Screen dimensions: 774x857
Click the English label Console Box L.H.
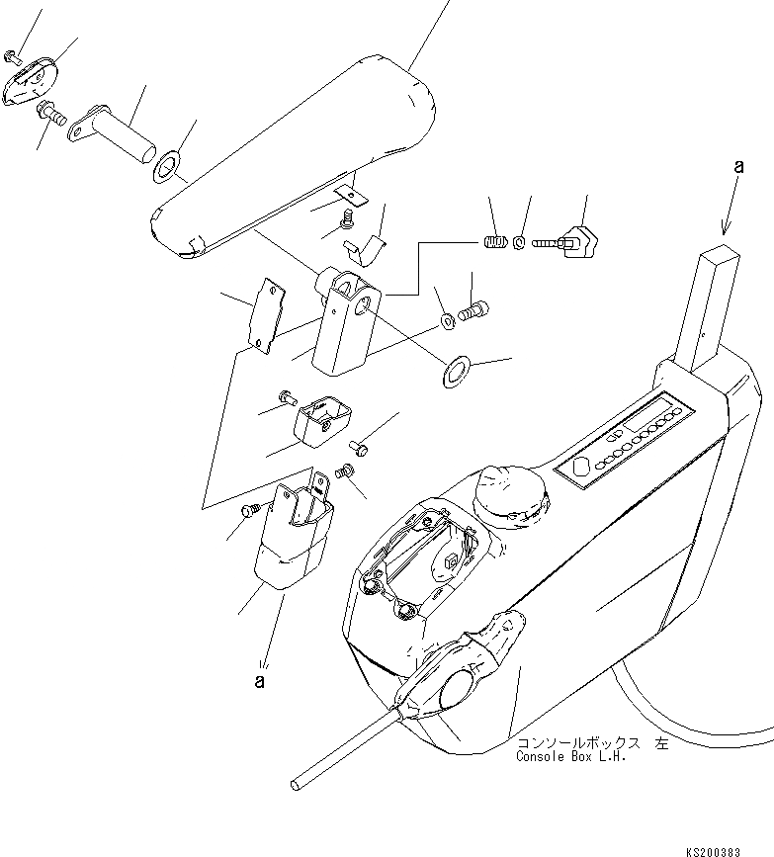[570, 757]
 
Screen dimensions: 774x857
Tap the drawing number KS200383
[714, 851]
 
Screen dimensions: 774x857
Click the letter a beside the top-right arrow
[738, 166]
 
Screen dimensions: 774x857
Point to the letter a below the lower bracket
[260, 682]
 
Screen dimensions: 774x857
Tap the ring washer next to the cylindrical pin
[166, 167]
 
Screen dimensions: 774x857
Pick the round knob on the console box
[510, 496]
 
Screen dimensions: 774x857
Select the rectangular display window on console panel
[648, 414]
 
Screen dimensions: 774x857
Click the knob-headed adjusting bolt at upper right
[566, 239]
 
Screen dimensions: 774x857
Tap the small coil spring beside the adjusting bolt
[496, 240]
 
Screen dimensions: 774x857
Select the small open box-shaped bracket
[322, 420]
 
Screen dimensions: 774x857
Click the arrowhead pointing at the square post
[726, 226]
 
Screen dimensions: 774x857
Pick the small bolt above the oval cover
[11, 54]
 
